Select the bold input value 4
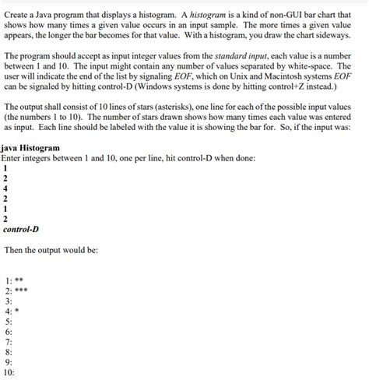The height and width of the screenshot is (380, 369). [6, 188]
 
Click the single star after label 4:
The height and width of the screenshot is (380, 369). [19, 310]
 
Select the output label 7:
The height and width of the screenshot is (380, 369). [9, 341]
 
